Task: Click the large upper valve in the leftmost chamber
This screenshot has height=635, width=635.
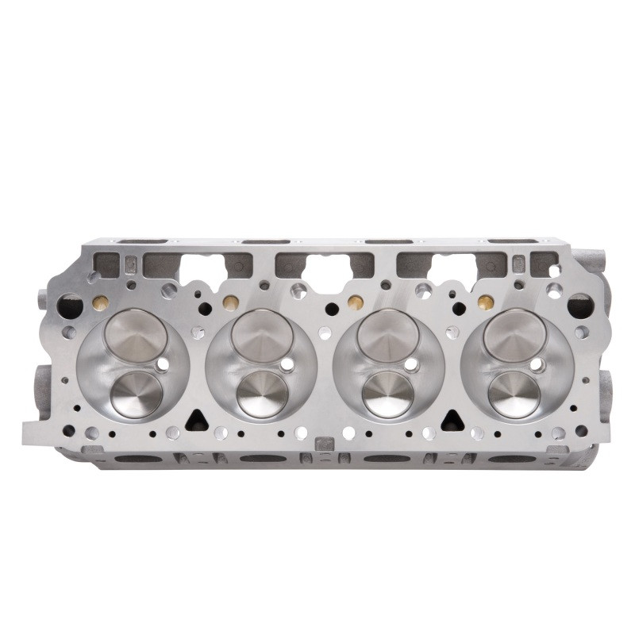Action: click(x=136, y=335)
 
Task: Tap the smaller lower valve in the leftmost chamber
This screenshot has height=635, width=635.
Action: click(x=137, y=394)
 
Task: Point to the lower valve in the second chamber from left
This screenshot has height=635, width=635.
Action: click(x=263, y=394)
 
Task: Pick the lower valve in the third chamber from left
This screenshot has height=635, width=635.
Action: click(x=388, y=394)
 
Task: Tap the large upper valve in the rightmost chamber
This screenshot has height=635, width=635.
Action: click(x=514, y=334)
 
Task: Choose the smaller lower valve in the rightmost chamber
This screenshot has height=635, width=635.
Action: click(x=514, y=394)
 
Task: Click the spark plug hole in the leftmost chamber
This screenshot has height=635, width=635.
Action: click(x=163, y=364)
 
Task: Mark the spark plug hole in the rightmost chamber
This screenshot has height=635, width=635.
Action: click(x=537, y=364)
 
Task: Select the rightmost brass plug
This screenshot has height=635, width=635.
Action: click(x=484, y=302)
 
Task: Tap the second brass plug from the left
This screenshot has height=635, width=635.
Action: click(x=230, y=302)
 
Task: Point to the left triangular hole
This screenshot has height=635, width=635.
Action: click(x=195, y=420)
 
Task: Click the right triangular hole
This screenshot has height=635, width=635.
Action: click(x=452, y=420)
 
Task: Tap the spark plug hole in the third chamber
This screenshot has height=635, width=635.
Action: click(x=411, y=364)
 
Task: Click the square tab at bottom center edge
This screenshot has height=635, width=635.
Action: click(x=323, y=444)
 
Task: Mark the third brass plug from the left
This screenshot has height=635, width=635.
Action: click(x=356, y=302)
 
